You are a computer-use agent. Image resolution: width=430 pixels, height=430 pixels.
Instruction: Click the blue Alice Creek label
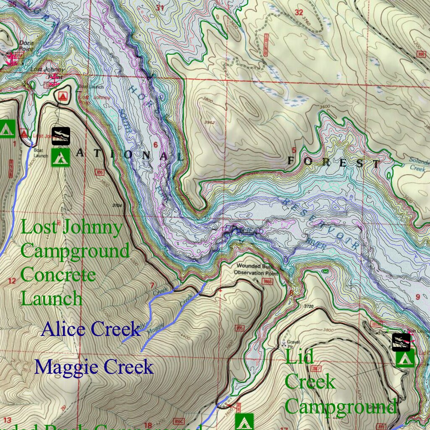pyautogui.click(x=91, y=329)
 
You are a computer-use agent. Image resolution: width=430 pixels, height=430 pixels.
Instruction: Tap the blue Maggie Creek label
pyautogui.click(x=94, y=367)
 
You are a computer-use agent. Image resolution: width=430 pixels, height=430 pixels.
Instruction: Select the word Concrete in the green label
pyautogui.click(x=58, y=275)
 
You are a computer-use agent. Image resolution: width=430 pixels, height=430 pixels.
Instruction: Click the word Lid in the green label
pyautogui.click(x=299, y=357)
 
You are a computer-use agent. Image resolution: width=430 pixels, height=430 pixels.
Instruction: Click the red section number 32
pyautogui.click(x=299, y=12)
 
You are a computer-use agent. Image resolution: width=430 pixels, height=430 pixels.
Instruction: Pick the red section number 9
pyautogui.click(x=417, y=297)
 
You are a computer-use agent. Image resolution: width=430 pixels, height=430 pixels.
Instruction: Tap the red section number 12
pyautogui.click(x=12, y=281)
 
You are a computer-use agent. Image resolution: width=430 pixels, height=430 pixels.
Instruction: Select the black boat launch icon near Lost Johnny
pyautogui.click(x=61, y=136)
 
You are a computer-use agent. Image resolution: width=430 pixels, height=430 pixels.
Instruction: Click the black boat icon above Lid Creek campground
pyautogui.click(x=401, y=342)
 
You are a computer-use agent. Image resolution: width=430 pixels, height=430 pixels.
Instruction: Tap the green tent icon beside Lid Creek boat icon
pyautogui.click(x=405, y=358)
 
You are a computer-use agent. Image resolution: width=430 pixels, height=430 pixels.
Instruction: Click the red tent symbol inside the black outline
pyautogui.click(x=63, y=97)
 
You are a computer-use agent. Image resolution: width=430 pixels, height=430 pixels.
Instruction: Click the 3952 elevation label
pyautogui.click(x=209, y=123)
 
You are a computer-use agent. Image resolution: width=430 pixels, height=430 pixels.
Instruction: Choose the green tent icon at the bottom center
pyautogui.click(x=244, y=421)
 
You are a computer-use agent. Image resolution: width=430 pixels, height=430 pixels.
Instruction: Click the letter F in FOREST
pyautogui.click(x=292, y=160)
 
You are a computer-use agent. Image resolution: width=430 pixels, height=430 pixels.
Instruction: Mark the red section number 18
pyautogui.click(x=148, y=425)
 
